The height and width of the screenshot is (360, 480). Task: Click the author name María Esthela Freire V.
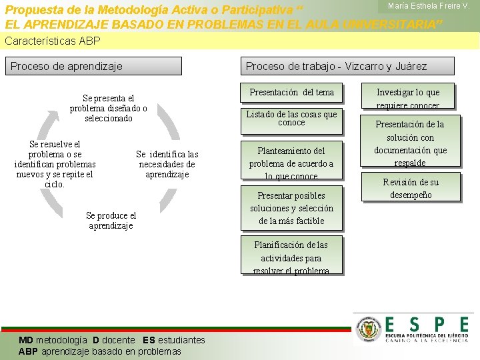tap(429, 6)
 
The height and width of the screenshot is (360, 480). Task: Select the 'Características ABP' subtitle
tap(53, 41)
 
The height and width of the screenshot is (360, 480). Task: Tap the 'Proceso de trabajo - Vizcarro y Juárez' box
tap(347, 66)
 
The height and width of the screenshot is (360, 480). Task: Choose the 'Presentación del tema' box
tap(291, 92)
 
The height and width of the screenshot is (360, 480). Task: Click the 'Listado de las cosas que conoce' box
tap(291, 118)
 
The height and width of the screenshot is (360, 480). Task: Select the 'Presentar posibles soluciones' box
tap(291, 207)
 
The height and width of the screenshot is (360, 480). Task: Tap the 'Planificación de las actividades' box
tap(291, 257)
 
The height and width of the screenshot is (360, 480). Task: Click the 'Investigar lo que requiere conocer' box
tap(408, 98)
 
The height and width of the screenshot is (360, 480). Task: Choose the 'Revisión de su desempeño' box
tap(411, 188)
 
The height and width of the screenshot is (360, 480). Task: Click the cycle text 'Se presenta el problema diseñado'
tap(108, 108)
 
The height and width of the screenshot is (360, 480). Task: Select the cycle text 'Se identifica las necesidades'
tap(167, 164)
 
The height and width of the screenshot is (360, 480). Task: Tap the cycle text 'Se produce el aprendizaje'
tap(111, 221)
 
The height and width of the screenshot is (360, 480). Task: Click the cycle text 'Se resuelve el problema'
tap(55, 164)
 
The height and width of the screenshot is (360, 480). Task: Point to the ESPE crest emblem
tap(367, 329)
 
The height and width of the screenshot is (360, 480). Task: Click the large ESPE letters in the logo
tap(427, 324)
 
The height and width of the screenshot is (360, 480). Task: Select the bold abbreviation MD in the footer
tap(26, 340)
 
